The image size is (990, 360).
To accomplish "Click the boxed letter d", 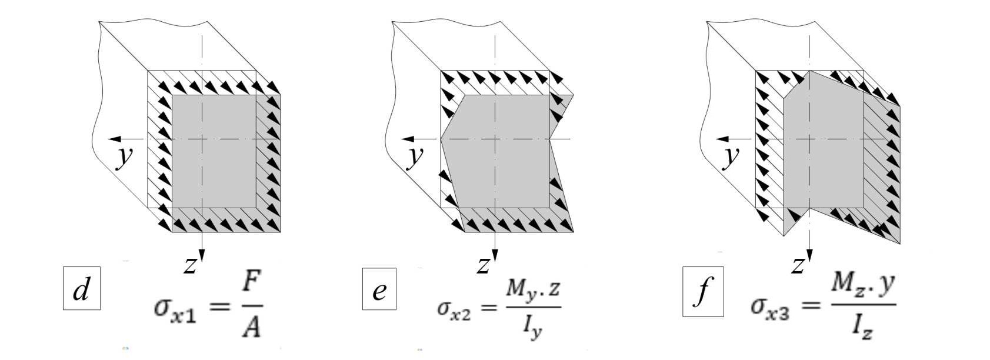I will pos(81,289).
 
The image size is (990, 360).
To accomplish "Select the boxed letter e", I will pos(379,289).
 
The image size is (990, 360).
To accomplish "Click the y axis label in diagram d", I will pos(124,156).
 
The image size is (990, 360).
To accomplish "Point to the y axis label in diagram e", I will pos(416,156).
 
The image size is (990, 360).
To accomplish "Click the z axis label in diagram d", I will pos(189,265).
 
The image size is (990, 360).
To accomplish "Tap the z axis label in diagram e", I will pos(483,265).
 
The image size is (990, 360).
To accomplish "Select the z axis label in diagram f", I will pos(798,265).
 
